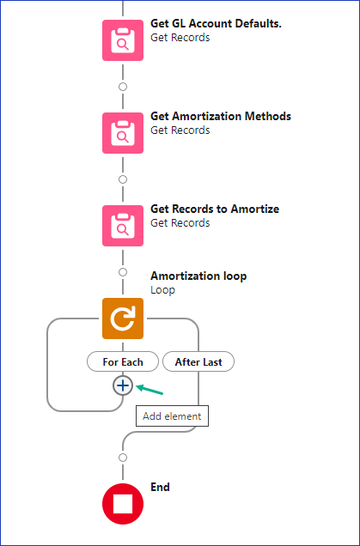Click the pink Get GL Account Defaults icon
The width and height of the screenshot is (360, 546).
point(122,40)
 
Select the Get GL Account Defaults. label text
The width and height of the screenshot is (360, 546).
point(216,23)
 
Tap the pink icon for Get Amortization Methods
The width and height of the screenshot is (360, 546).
point(122,133)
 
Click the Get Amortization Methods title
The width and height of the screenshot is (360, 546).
point(220,116)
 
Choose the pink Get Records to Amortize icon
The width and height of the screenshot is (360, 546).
point(122,226)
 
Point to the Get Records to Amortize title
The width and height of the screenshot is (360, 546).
point(214,209)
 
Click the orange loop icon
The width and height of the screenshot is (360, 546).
point(122,318)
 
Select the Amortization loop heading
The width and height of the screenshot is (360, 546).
point(198,276)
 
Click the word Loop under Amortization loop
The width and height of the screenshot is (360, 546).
point(162,290)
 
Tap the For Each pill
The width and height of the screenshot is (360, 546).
point(122,361)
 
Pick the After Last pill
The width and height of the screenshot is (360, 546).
point(198,361)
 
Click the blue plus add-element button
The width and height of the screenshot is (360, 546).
point(122,386)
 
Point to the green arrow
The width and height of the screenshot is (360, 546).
point(149,391)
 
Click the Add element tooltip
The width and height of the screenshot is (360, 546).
point(172,416)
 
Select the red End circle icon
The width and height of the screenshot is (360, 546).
point(122,504)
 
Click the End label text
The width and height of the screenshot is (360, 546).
point(160,487)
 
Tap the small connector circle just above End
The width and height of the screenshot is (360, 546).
point(122,458)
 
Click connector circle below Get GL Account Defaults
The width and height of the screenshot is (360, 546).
point(122,87)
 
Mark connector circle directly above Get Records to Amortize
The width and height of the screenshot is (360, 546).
point(122,179)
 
